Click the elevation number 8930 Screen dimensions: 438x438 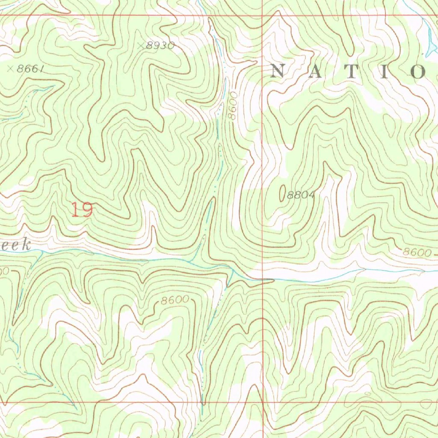point(160,45)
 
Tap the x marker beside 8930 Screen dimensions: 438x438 point(142,44)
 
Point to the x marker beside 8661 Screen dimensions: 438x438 point(10,68)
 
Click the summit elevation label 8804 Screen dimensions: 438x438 point(301,195)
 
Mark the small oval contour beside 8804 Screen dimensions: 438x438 point(282,193)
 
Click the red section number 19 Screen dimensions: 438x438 point(82,210)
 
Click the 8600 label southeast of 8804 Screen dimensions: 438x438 point(417,252)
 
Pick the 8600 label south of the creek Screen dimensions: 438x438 point(175,300)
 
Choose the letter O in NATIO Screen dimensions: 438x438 point(417,71)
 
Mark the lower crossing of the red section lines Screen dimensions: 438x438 point(262,402)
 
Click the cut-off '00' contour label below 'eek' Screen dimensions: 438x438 point(3,271)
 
